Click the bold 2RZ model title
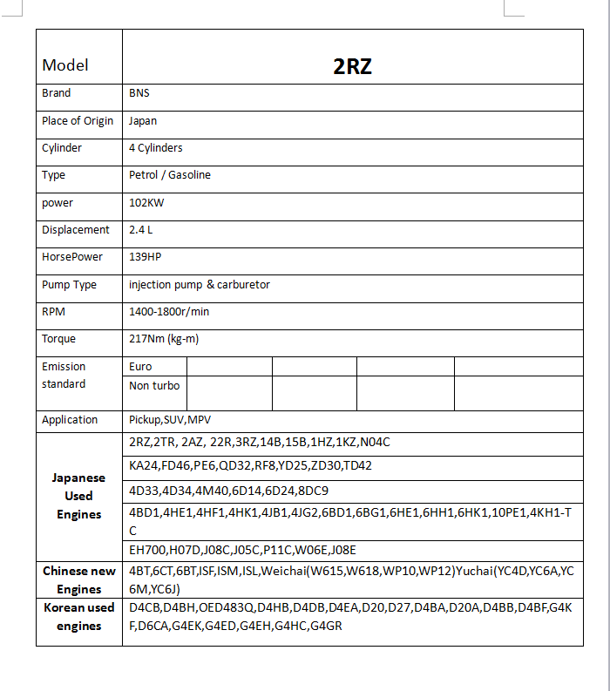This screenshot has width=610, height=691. point(352,66)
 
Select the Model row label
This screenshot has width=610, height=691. point(65,65)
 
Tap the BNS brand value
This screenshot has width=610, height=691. point(139,93)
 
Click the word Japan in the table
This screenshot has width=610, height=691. point(143,121)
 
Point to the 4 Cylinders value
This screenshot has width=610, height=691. point(156,148)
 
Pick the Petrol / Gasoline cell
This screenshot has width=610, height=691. point(170,175)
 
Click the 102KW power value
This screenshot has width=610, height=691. point(146,203)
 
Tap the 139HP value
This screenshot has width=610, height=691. point(146,257)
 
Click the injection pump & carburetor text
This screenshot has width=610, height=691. point(200,285)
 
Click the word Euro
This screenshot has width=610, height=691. point(140,367)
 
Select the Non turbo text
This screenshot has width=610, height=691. point(154,386)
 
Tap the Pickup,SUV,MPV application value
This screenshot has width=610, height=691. point(164,420)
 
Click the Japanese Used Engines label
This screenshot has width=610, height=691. point(78,496)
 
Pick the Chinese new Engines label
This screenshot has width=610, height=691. point(79,580)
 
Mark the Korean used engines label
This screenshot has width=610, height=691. point(79,617)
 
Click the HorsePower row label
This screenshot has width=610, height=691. point(72,257)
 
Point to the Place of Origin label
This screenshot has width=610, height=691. point(78,121)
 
